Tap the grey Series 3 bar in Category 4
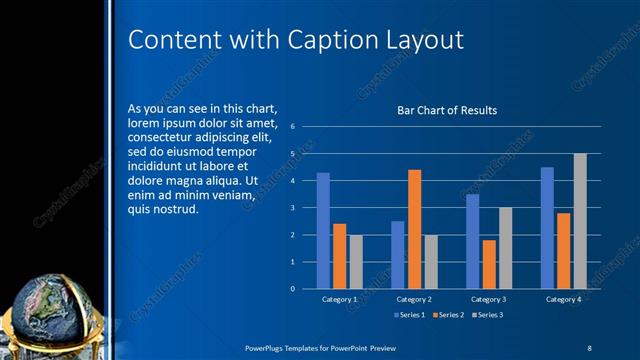pyautogui.click(x=580, y=221)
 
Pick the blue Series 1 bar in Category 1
pyautogui.click(x=323, y=230)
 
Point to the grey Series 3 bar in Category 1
pyautogui.click(x=356, y=261)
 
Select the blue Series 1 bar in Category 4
pyautogui.click(x=547, y=227)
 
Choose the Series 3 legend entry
pyautogui.click(x=487, y=316)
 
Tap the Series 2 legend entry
pyautogui.click(x=447, y=316)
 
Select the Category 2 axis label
pyautogui.click(x=414, y=299)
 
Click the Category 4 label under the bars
pyautogui.click(x=563, y=299)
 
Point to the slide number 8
pyautogui.click(x=589, y=347)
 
